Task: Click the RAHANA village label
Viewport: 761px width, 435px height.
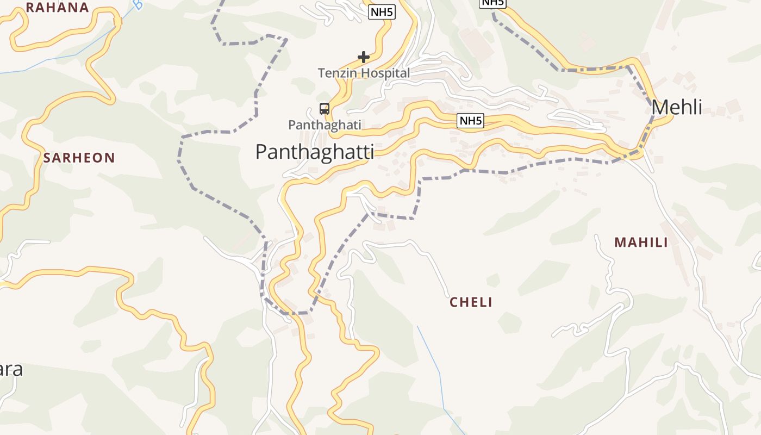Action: (x=57, y=8)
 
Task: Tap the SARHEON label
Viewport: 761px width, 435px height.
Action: (x=79, y=158)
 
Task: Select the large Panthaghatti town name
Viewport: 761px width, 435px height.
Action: (x=315, y=152)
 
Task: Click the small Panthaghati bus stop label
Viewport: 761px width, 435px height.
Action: (x=325, y=125)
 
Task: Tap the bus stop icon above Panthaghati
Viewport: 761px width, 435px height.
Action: (x=325, y=109)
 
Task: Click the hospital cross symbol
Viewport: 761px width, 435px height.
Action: (x=364, y=57)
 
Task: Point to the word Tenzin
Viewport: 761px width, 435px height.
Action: (x=335, y=73)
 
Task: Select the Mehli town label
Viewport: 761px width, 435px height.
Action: (x=677, y=108)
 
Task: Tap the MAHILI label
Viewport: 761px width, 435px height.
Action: (x=641, y=243)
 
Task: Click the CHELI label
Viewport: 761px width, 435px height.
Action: (x=471, y=302)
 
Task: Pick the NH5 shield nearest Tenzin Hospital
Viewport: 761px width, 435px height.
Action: (x=382, y=12)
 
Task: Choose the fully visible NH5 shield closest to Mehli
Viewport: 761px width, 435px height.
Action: (x=470, y=121)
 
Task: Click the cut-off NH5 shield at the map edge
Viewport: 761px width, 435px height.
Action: (x=492, y=3)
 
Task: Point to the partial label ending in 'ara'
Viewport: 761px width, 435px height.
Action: (x=11, y=369)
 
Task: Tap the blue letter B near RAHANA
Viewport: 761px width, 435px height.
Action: (x=138, y=5)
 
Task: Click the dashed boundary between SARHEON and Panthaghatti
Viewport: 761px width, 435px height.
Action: (x=179, y=158)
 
